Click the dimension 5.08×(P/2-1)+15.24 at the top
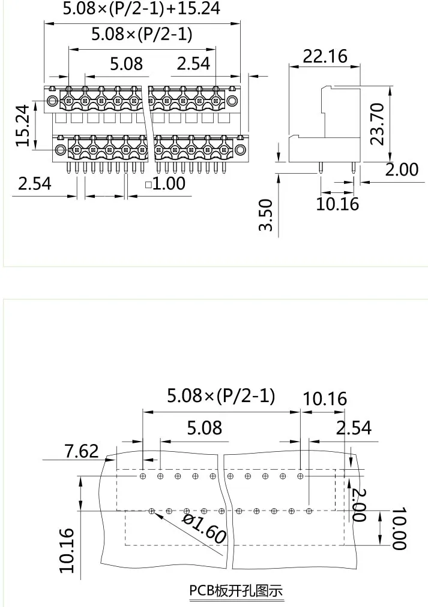pyautogui.click(x=142, y=8)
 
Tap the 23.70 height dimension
pyautogui.click(x=377, y=123)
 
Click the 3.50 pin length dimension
pyautogui.click(x=265, y=215)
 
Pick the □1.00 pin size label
pyautogui.click(x=166, y=183)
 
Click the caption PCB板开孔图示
pyautogui.click(x=235, y=591)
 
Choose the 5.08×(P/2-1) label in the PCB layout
pyautogui.click(x=221, y=395)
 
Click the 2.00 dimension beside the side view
pyautogui.click(x=401, y=170)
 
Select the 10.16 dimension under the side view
pyautogui.click(x=337, y=204)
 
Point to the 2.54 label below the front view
pyautogui.click(x=34, y=183)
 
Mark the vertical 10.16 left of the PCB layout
pyautogui.click(x=67, y=549)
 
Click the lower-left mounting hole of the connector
pyautogui.click(x=60, y=149)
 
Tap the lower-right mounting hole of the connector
pyautogui.click(x=240, y=149)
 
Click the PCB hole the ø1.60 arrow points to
pyautogui.click(x=152, y=511)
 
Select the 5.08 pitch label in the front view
pyautogui.click(x=126, y=63)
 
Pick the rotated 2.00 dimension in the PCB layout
pyautogui.click(x=358, y=505)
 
